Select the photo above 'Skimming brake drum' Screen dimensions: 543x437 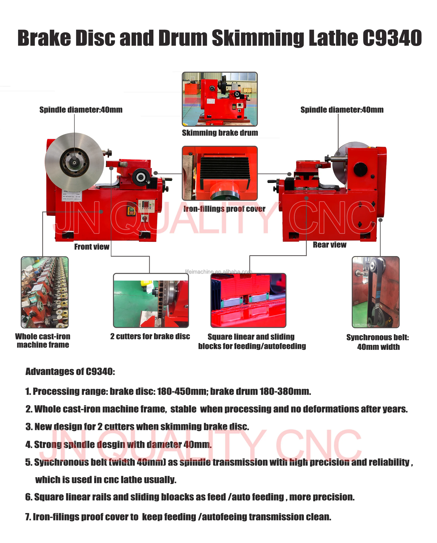[x=220, y=99]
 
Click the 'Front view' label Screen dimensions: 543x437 [x=92, y=247]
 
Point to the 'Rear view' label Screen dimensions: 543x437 [x=329, y=245]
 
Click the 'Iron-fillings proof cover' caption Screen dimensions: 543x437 [x=224, y=209]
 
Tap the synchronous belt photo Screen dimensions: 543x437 [x=376, y=292]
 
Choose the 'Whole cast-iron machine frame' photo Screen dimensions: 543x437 [x=45, y=292]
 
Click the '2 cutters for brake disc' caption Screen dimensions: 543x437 [x=150, y=337]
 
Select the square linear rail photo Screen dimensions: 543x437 [x=248, y=300]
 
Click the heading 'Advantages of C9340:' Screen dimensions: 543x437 [x=70, y=372]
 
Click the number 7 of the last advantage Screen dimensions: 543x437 [x=28, y=517]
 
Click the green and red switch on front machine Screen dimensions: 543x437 [x=131, y=211]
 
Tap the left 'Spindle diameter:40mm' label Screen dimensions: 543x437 [x=81, y=110]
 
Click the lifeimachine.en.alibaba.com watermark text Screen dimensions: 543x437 [x=218, y=272]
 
